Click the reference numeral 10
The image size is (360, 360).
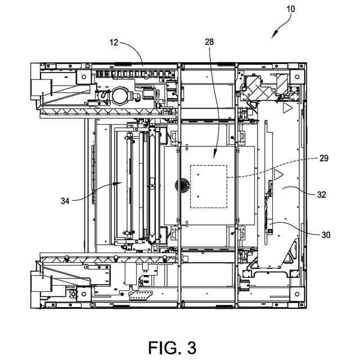290,9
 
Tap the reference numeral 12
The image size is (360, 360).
114,43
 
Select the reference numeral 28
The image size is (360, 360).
209,42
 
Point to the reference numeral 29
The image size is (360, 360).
324,158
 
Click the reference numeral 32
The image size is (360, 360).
321,195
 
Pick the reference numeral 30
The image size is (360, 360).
326,235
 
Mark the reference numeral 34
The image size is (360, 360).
65,201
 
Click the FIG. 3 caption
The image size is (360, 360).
173,348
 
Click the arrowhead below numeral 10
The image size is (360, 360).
274,35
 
